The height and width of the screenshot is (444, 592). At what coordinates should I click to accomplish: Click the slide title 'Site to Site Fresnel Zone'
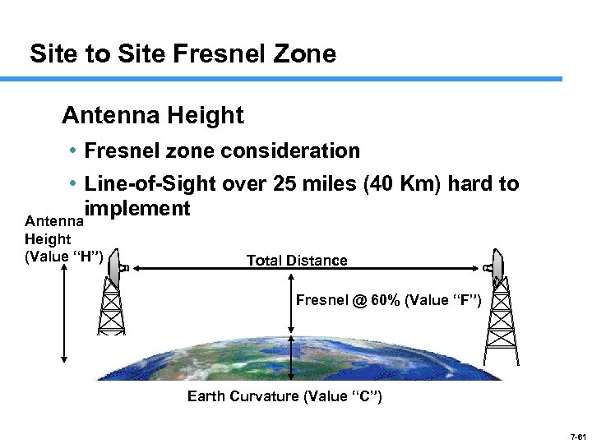tap(183, 54)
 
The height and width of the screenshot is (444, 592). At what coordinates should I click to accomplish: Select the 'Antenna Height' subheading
tap(153, 115)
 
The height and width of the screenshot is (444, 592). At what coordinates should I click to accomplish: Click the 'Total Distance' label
tap(297, 261)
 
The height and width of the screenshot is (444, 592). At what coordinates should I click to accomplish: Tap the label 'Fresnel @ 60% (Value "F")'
tap(388, 299)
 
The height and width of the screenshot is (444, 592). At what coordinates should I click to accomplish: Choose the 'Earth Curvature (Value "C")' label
tap(284, 396)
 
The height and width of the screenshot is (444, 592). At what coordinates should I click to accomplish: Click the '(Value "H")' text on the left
tap(64, 256)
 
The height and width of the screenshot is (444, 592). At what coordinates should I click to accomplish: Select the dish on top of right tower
tap(496, 261)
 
